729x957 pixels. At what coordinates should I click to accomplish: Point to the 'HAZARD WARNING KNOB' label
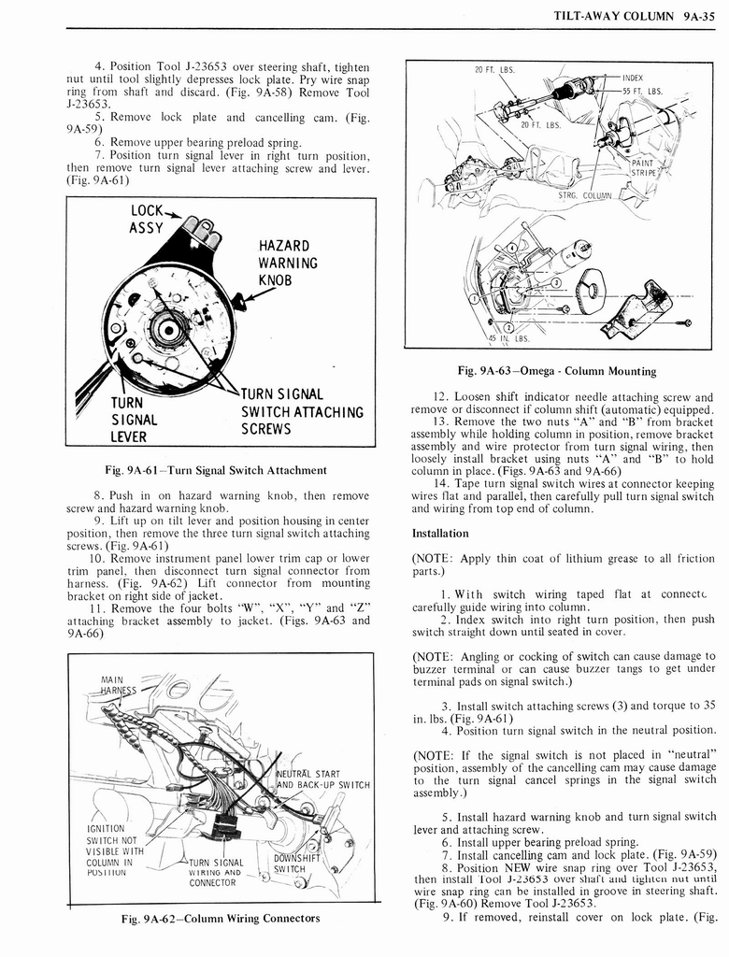[288, 264]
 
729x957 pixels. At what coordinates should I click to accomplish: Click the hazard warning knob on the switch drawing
[240, 301]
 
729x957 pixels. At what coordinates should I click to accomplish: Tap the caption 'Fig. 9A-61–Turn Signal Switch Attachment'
[216, 470]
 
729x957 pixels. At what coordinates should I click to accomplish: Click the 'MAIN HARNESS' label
[119, 685]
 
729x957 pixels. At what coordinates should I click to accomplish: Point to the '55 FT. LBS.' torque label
[642, 92]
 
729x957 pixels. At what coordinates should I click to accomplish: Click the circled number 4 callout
[512, 250]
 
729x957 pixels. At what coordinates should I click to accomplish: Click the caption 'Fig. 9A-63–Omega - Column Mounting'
[558, 371]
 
